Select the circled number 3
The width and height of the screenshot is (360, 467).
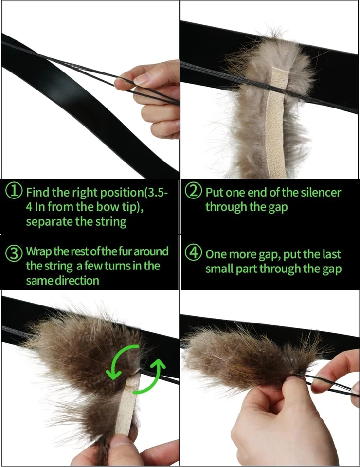(14, 252)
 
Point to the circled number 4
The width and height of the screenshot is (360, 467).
(194, 253)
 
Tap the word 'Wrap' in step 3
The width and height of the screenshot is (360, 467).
(37, 251)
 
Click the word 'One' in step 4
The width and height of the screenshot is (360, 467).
(216, 254)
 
